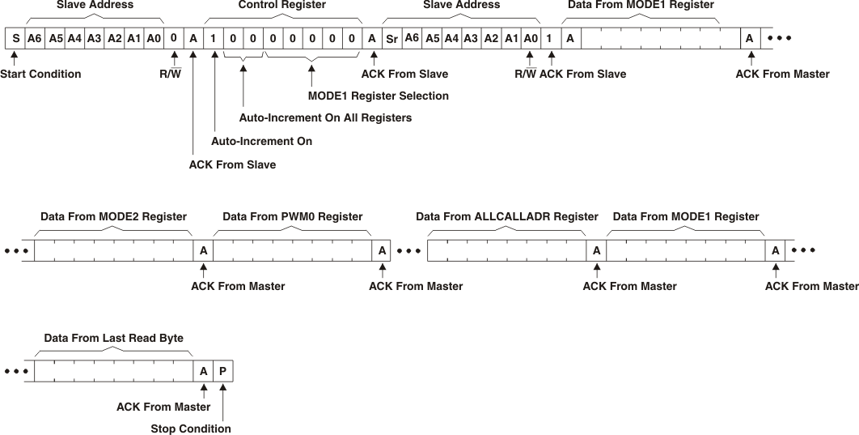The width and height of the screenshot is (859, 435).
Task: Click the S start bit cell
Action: point(15,38)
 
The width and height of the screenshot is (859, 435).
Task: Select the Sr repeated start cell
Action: point(391,38)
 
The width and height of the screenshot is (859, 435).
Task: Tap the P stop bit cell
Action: point(222,372)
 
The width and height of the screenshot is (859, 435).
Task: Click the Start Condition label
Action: point(40,74)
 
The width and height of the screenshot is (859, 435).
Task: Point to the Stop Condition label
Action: point(191,429)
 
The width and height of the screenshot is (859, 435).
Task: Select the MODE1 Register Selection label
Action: point(379,96)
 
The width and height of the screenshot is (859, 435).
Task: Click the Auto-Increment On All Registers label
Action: point(325,117)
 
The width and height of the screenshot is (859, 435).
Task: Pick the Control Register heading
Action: point(281,5)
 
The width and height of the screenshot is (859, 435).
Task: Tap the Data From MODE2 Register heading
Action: point(113,216)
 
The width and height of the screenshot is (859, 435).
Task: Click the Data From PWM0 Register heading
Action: point(292,216)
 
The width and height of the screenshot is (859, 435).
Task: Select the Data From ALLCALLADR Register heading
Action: point(507,216)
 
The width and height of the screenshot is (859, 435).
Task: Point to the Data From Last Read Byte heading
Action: point(113,338)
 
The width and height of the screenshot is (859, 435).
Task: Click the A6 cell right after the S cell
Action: point(34,38)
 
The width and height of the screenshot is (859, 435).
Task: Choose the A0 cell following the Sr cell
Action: point(530,38)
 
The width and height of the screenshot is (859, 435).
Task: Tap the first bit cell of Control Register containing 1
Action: point(214,38)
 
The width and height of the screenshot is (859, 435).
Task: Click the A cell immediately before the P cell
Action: point(203,372)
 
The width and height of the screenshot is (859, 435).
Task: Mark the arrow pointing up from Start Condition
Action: point(14,58)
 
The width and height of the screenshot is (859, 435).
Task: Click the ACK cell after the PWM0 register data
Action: point(382,251)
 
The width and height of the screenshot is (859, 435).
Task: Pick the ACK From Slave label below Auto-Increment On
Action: point(232,164)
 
